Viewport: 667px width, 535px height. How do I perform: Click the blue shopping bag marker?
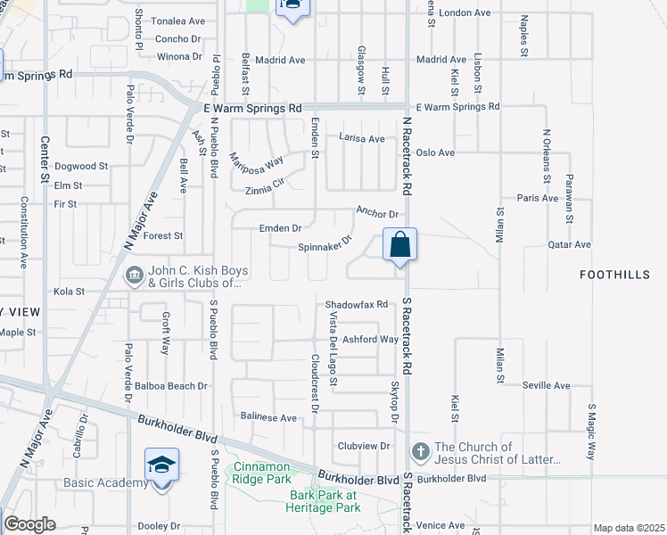pyautogui.click(x=400, y=244)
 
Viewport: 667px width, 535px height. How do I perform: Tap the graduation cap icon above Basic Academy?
pyautogui.click(x=161, y=465)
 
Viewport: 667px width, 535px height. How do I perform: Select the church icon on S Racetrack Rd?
pyautogui.click(x=421, y=448)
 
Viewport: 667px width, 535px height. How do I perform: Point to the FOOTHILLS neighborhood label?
pyautogui.click(x=615, y=275)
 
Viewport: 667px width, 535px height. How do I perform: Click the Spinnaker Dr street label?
pyautogui.click(x=325, y=244)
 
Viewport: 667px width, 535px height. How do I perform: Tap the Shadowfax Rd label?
pyautogui.click(x=358, y=304)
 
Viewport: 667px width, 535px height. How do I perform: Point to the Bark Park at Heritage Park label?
pyautogui.click(x=324, y=500)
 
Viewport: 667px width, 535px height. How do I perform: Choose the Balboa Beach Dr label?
pyautogui.click(x=171, y=386)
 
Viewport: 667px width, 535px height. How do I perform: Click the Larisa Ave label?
pyautogui.click(x=362, y=138)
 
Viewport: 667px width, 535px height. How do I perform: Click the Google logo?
pyautogui.click(x=29, y=524)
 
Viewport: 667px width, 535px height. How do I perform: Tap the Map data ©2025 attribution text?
pyautogui.click(x=630, y=528)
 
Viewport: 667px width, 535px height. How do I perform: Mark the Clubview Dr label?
pyautogui.click(x=364, y=446)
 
